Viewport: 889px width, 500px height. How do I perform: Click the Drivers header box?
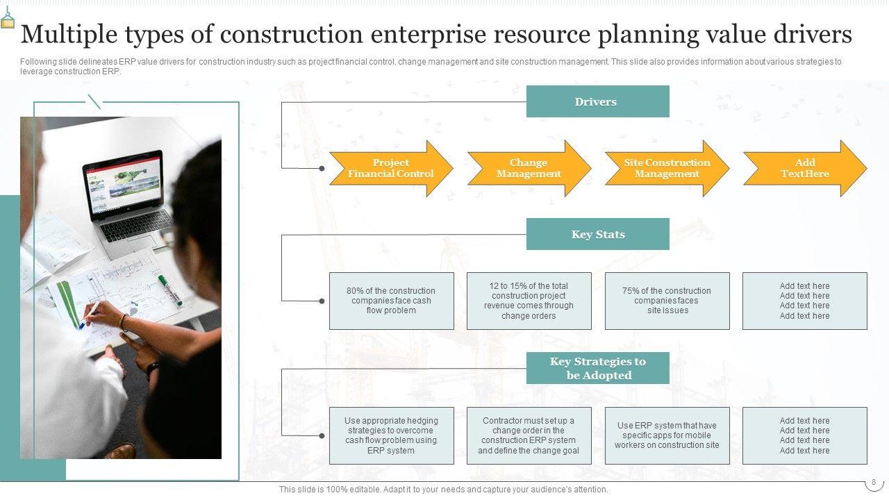pos(597,101)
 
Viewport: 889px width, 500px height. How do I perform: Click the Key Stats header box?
pos(597,234)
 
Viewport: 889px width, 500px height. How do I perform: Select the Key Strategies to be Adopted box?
pos(597,368)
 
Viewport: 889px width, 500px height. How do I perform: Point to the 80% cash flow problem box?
pos(391,301)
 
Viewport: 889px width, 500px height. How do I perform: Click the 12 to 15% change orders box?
pos(529,301)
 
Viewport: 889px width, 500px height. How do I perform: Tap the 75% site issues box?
pos(667,301)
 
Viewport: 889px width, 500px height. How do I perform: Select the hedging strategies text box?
pos(391,435)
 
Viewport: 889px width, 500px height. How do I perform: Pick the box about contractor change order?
pos(529,435)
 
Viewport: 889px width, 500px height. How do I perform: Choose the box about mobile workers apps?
pos(667,435)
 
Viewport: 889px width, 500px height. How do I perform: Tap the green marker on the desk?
pos(169,290)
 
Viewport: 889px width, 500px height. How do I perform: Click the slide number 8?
pos(873,482)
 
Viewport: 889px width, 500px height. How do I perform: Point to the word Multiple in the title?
pos(68,34)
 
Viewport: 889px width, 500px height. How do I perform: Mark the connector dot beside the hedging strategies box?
pos(322,435)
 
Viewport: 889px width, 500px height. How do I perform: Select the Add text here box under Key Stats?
pos(804,301)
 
